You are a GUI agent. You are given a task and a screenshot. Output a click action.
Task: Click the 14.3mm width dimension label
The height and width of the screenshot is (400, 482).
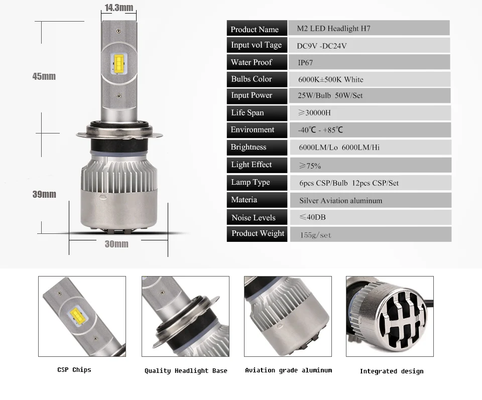pos(118,8)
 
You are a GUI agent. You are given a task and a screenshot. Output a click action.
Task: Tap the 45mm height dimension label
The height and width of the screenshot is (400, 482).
pos(44,76)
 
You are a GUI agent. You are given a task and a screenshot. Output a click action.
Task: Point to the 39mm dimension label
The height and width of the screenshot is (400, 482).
pos(44,194)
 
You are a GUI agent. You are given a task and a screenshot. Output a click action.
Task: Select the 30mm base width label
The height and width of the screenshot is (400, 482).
pos(116,244)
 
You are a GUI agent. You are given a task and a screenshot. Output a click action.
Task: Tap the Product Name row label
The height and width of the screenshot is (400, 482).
pos(257,28)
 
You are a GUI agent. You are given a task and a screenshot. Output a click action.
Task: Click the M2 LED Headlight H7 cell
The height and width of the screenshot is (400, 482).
pos(369,28)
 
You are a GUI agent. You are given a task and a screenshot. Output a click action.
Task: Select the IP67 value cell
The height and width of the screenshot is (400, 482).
pos(370,62)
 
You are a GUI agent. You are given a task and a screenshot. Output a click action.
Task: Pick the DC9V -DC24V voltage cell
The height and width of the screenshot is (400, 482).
pos(369,45)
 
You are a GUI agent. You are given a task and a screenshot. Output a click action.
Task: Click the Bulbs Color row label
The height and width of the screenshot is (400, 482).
pos(257,79)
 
